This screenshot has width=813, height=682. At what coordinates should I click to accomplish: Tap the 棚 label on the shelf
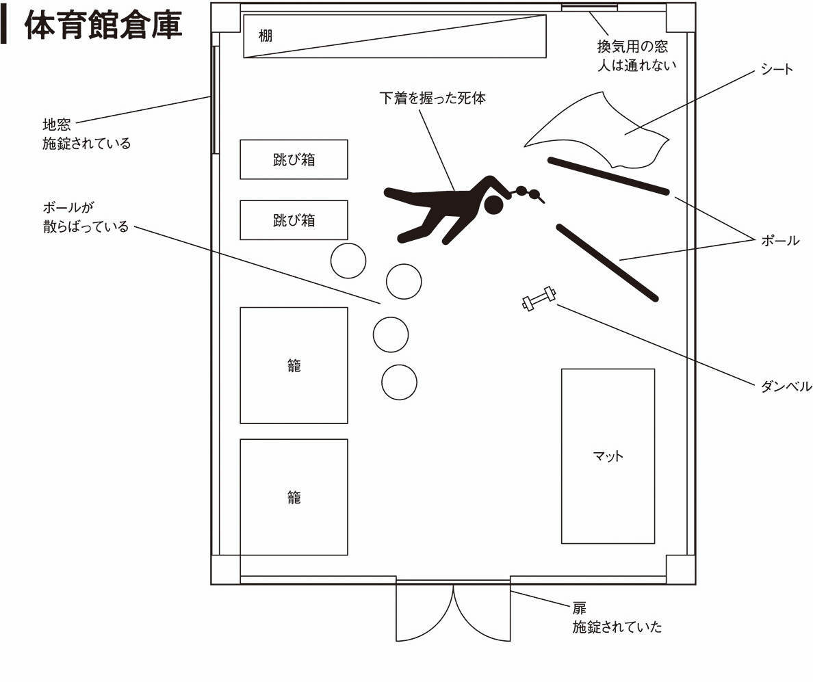click(266, 36)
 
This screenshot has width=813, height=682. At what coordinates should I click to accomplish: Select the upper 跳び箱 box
click(294, 159)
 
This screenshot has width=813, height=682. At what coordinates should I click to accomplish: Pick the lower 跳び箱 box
click(294, 220)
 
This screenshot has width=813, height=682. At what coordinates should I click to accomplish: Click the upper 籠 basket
click(294, 365)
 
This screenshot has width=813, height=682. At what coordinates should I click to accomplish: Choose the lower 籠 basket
click(294, 497)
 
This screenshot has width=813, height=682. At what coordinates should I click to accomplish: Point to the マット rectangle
click(608, 456)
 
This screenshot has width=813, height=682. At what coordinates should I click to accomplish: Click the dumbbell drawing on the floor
click(539, 300)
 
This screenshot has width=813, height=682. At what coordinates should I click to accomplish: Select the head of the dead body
click(493, 205)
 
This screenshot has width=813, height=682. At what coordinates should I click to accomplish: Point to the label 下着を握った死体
click(433, 98)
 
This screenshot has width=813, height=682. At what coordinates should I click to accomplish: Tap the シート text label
click(777, 69)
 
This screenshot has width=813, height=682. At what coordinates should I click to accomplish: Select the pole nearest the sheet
click(608, 176)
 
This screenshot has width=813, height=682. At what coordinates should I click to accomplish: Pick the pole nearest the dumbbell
click(607, 262)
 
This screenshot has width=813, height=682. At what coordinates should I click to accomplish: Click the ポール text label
click(779, 241)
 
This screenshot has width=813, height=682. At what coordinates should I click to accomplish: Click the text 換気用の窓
click(632, 48)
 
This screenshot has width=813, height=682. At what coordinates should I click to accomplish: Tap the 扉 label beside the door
click(580, 608)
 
